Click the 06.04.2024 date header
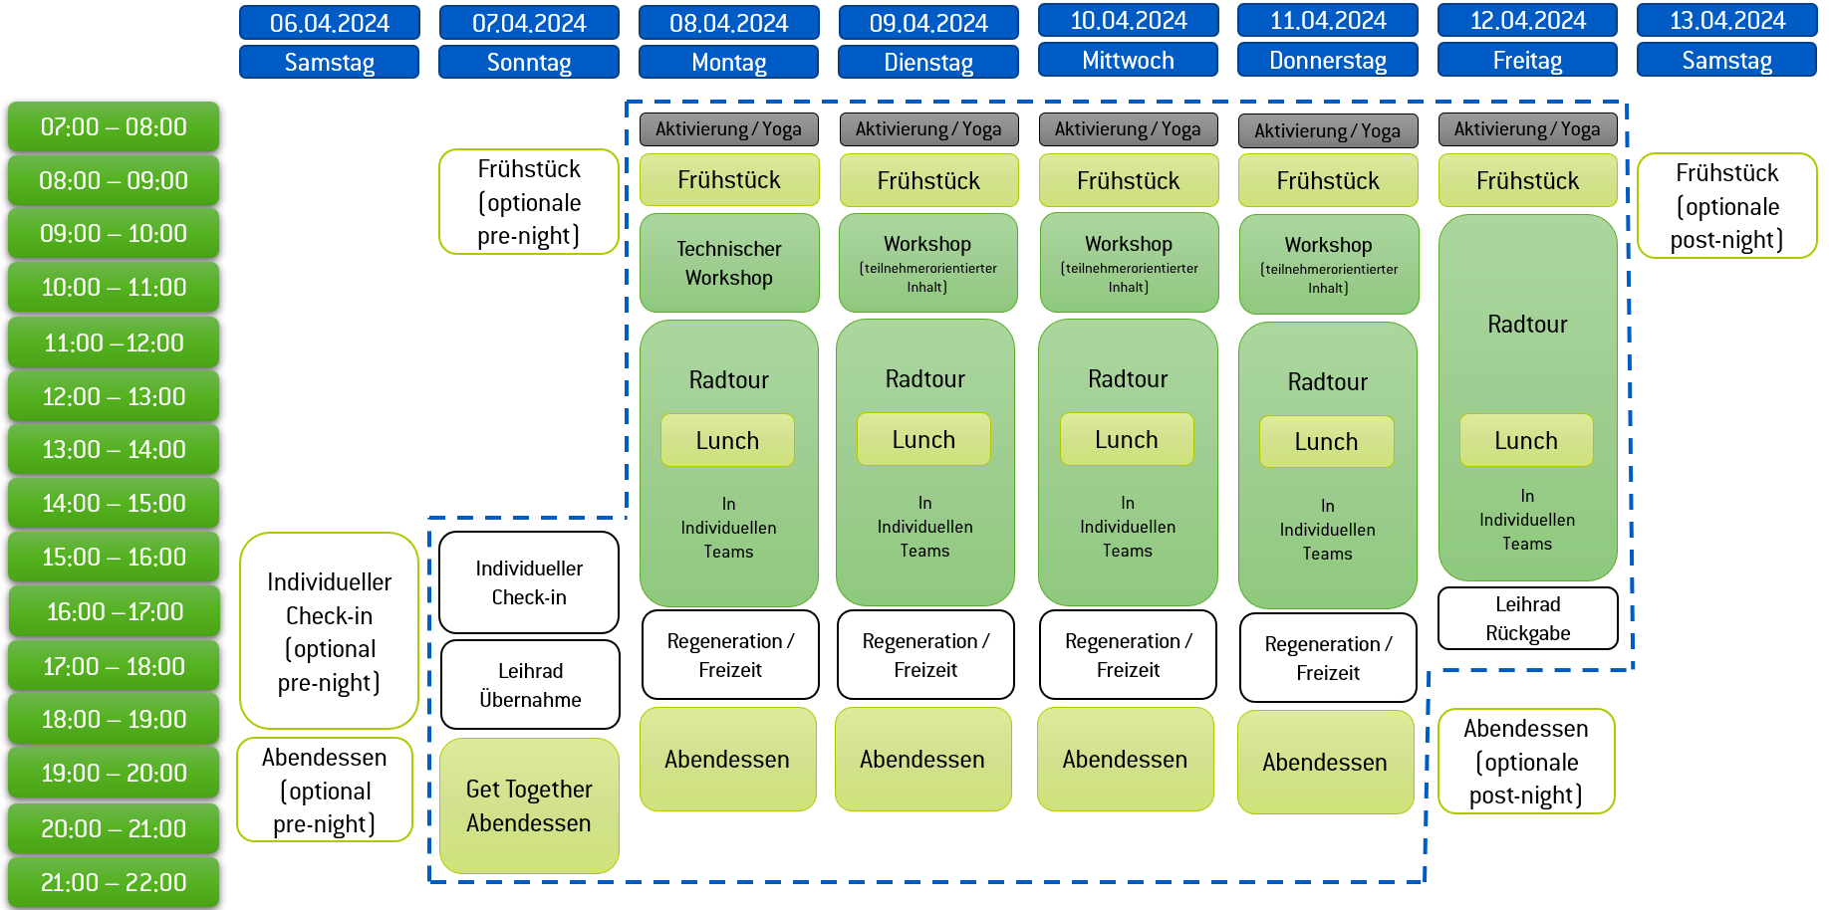329,23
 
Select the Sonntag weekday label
528,62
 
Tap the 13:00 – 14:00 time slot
114,450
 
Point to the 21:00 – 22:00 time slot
114,882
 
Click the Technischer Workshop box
728,263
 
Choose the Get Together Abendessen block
529,805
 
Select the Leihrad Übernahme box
530,685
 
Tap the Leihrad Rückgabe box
1527,618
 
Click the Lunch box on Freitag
1525,441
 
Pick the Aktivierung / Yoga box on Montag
728,129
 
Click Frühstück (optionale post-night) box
1726,206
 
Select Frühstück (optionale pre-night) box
528,202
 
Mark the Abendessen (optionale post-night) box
1525,762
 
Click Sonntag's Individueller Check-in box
529,582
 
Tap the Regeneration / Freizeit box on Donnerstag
1327,658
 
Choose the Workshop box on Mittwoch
1128,263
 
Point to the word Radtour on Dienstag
924,379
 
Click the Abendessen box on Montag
727,760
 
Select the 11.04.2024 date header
1327,21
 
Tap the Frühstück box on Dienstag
928,180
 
